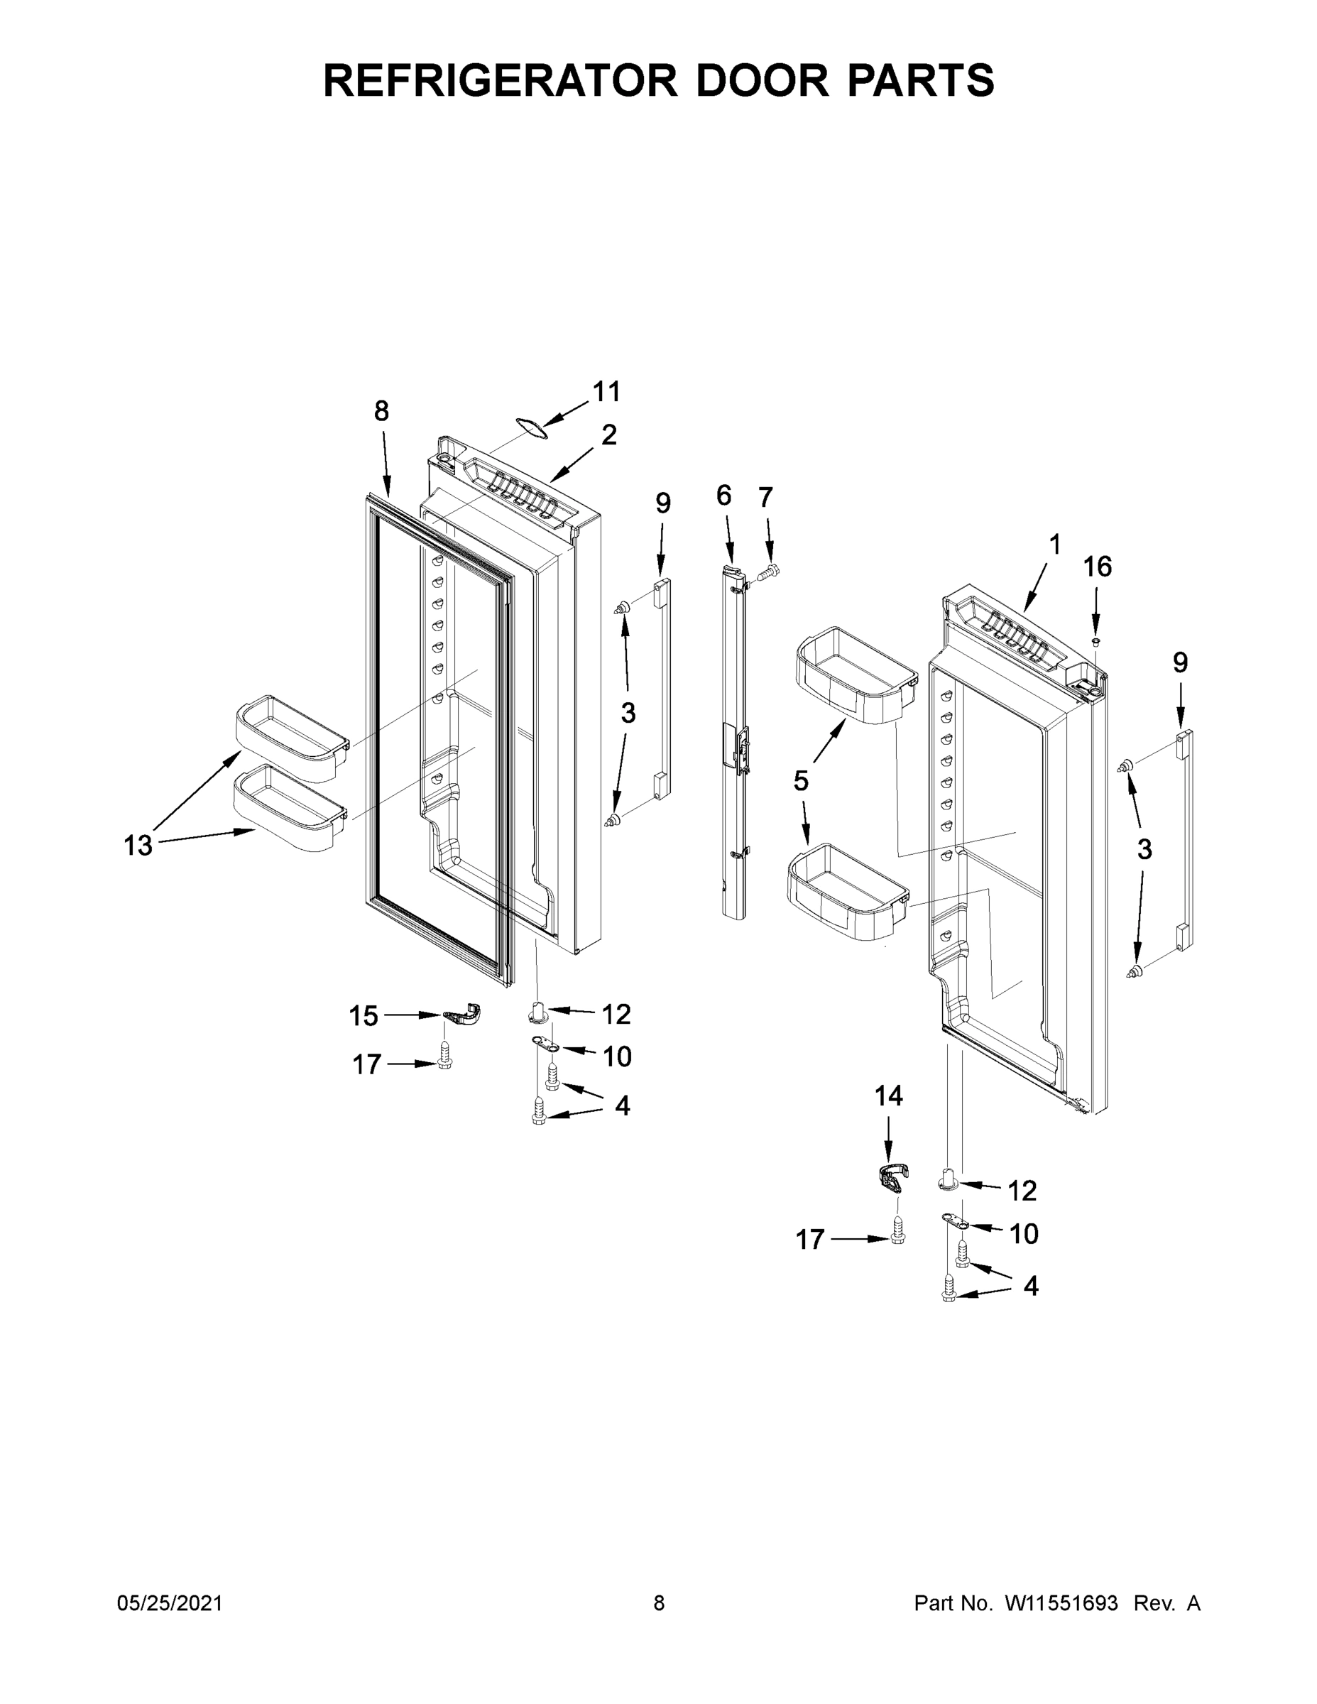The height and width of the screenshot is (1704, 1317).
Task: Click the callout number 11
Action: click(x=606, y=392)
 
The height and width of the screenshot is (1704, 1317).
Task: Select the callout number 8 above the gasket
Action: click(x=381, y=410)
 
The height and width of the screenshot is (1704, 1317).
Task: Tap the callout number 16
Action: click(x=1097, y=567)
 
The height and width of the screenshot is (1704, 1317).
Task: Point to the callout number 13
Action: click(x=138, y=845)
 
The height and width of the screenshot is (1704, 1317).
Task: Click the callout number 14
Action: click(x=888, y=1096)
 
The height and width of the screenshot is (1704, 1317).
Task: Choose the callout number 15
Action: click(x=364, y=1016)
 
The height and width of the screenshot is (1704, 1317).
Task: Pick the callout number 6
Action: click(x=724, y=495)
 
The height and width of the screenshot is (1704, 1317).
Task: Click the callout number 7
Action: click(x=765, y=496)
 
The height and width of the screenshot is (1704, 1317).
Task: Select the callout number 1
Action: click(x=1055, y=545)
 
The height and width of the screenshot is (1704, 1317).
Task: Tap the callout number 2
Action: click(x=608, y=435)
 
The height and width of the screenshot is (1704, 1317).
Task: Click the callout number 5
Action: click(x=802, y=780)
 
